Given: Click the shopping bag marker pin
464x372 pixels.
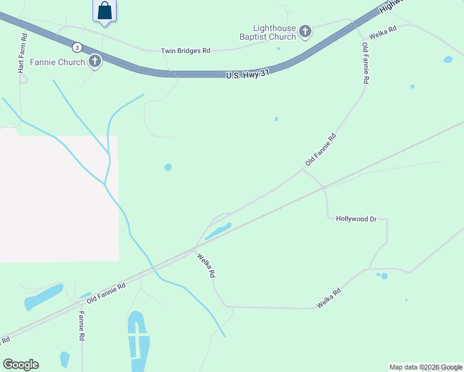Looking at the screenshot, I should coord(105,11).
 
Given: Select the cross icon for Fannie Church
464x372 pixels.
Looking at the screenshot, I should coord(95,61).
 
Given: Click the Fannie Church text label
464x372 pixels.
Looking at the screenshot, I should coord(58,62).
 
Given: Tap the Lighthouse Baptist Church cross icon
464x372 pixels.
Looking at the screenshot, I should coord(305,31).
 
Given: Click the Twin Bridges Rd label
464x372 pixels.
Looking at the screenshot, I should coord(185,51).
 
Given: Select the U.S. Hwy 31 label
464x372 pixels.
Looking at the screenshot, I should coord(248,74).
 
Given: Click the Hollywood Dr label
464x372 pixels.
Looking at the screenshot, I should coord(356,219).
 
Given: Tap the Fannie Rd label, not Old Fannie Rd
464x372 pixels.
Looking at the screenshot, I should coord(81,325).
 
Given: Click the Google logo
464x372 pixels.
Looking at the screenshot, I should coord(20,364).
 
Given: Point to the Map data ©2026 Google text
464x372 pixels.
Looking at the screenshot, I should coord(426,367).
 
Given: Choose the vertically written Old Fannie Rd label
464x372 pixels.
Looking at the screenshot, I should coord(366,63).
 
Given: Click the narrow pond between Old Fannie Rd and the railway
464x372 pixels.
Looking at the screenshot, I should coord(218,231).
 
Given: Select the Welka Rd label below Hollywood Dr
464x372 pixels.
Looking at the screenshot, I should coord(329,298).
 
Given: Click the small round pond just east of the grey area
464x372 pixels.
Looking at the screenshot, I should coord(167,167).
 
